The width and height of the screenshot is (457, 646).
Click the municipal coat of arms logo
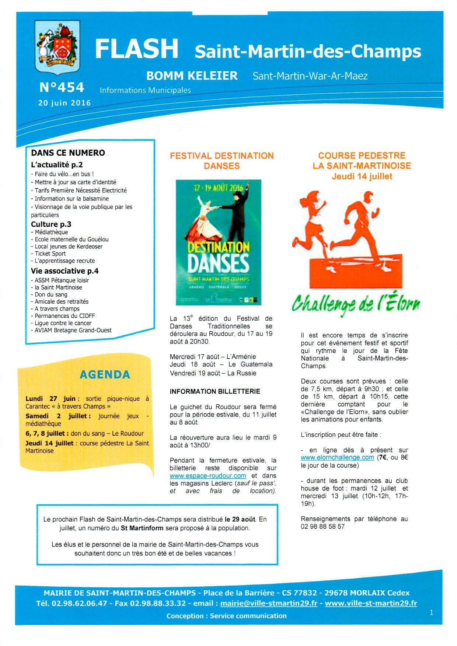[57, 47]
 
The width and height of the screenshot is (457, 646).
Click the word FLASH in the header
[136, 49]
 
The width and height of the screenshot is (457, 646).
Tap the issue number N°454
[62, 87]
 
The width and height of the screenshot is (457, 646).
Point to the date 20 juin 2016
[64, 103]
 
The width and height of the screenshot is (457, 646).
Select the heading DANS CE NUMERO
[68, 153]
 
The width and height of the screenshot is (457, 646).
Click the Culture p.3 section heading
[51, 224]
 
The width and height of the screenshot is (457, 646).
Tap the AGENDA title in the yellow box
[105, 375]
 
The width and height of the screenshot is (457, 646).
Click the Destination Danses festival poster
[219, 242]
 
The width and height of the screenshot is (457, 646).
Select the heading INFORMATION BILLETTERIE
[215, 391]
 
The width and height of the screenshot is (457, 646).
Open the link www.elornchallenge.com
[337, 458]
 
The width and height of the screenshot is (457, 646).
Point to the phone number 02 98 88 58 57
[322, 527]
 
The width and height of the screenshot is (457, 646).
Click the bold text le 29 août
[240, 519]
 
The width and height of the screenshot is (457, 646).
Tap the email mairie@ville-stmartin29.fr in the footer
[269, 603]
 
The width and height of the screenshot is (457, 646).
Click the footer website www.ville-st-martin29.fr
[371, 603]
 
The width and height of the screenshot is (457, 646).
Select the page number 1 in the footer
[431, 612]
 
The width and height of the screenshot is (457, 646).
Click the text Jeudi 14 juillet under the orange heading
[362, 177]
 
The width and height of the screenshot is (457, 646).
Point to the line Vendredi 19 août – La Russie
[213, 373]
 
